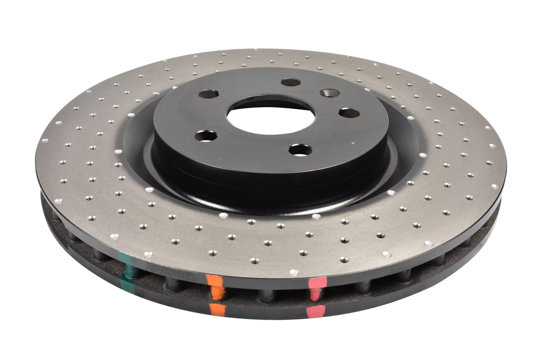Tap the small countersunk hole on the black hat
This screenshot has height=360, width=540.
330,93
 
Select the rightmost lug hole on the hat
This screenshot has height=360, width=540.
349,113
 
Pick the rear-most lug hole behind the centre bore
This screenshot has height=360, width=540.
291,82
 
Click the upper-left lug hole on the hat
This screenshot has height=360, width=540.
209,94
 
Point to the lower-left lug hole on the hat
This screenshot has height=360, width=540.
206,136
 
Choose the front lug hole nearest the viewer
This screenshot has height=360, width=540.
300,150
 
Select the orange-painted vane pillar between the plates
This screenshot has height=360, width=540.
218,293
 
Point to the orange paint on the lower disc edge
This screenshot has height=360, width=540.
218,310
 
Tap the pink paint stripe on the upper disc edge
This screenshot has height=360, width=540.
318,282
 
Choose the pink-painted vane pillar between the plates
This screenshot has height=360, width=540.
315,294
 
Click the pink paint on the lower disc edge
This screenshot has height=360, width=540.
315,311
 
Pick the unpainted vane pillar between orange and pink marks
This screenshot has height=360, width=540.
267,296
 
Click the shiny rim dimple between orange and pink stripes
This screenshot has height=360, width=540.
294,272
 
